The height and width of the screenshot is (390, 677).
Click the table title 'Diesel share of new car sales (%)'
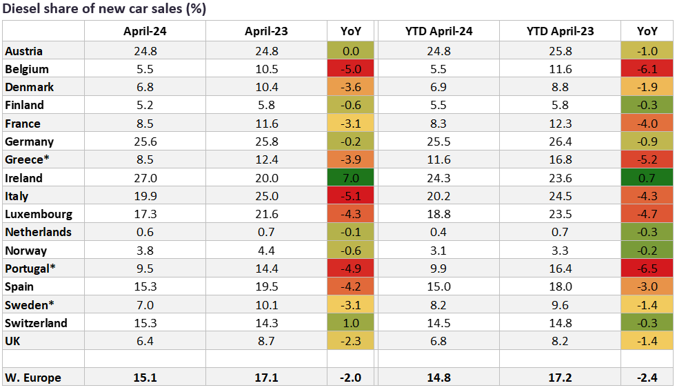tap(104, 9)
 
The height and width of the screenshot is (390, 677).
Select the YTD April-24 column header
tap(438, 31)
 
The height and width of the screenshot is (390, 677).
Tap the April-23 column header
tap(266, 31)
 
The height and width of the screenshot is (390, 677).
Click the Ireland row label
tap(23, 178)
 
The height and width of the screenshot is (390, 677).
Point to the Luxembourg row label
tap(38, 214)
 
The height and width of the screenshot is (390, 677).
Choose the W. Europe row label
tap(32, 377)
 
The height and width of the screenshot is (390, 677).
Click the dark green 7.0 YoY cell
tap(351, 178)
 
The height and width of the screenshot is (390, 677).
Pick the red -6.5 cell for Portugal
tap(646, 269)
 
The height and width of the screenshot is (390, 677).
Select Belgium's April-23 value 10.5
tap(266, 69)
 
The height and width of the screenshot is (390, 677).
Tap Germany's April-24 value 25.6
tap(145, 142)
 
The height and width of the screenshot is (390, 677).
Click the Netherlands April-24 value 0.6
tap(145, 232)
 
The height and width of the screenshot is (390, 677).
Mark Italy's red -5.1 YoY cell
tap(351, 196)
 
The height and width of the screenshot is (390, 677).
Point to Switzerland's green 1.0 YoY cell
tap(351, 323)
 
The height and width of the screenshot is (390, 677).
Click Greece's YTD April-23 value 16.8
tap(560, 159)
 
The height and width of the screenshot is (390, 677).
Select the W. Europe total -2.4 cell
tap(646, 377)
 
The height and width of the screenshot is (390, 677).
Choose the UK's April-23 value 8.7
tap(266, 341)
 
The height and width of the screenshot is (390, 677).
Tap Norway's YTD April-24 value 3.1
tap(438, 251)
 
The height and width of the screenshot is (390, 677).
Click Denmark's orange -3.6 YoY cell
tap(351, 87)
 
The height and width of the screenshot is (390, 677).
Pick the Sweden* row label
tap(28, 304)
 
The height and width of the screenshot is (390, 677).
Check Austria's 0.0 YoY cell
tap(351, 51)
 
